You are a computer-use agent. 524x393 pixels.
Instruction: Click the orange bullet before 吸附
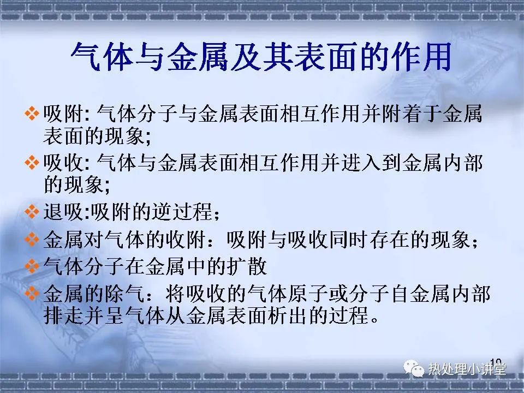point(32,114)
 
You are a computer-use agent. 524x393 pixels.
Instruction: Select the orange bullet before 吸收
point(32,163)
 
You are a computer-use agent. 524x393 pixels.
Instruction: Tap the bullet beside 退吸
point(32,211)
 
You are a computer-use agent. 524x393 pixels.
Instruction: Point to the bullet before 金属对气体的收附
point(32,239)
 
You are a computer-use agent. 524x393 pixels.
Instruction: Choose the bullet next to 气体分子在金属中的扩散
point(32,266)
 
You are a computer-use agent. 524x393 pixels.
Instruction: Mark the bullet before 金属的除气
point(32,294)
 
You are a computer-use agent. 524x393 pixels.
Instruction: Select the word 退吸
point(63,211)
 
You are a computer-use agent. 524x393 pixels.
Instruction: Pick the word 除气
point(124,294)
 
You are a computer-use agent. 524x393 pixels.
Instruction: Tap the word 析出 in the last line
point(287,315)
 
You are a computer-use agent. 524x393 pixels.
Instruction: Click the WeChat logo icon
point(413,368)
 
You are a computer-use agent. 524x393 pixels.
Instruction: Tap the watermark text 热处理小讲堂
point(467,369)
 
